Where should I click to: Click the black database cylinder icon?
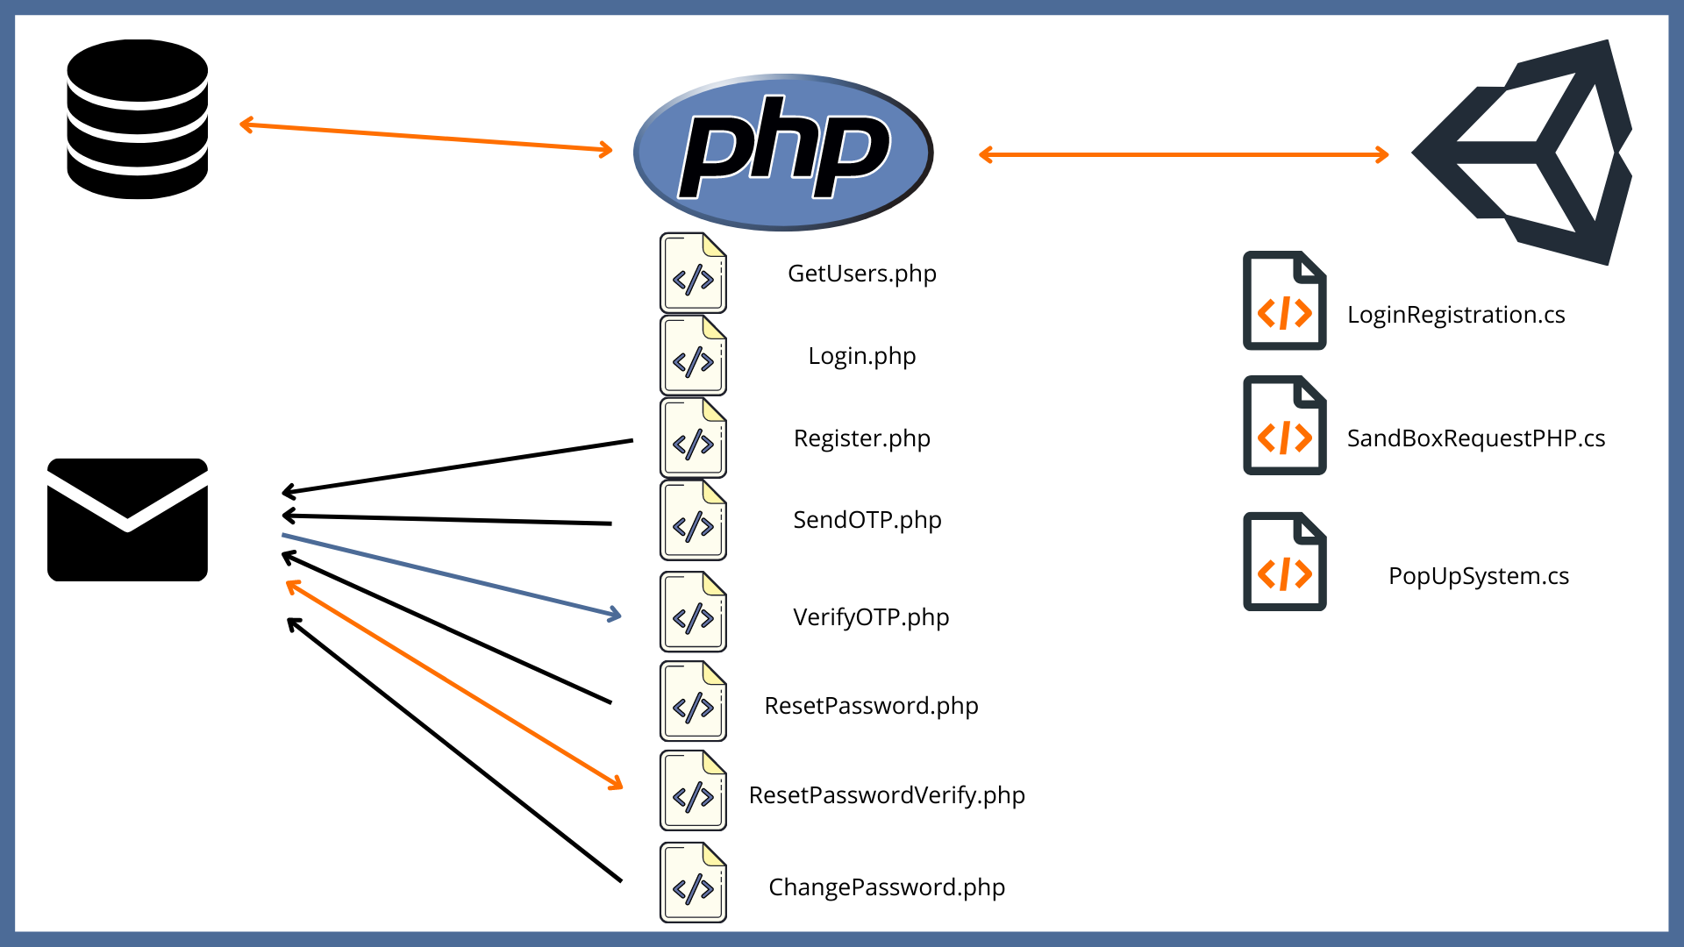pos(138,119)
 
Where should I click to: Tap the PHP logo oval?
pos(783,152)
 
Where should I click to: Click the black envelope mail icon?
pos(128,519)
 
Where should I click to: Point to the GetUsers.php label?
pos(861,274)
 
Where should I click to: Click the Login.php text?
pos(861,356)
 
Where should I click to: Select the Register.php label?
pos(861,438)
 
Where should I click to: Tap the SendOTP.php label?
pos(867,520)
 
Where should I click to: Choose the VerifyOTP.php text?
pos(870,617)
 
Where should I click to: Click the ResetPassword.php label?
pos(871,706)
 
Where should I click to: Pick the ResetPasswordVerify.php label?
pos(886,795)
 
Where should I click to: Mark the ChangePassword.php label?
pos(886,887)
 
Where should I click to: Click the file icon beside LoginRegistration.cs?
pos(1284,301)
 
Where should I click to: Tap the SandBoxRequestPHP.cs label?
pos(1475,438)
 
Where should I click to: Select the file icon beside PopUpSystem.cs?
pos(1284,561)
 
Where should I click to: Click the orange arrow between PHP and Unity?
pos(1183,155)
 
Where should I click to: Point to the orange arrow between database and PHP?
pos(426,138)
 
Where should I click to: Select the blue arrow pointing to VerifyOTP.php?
pos(451,575)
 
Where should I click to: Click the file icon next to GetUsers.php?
pos(693,273)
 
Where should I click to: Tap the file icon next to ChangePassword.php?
pos(693,882)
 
